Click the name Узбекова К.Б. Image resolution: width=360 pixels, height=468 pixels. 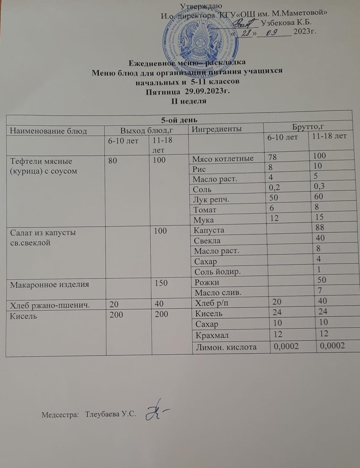click(286, 23)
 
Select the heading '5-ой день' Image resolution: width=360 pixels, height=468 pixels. click(179, 120)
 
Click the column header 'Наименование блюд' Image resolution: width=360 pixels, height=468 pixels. click(48, 131)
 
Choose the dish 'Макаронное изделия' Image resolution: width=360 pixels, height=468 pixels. click(50, 285)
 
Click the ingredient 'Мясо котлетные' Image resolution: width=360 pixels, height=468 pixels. click(223, 158)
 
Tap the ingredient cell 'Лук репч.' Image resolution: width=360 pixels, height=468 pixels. click(211, 200)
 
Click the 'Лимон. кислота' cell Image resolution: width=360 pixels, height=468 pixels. click(226, 347)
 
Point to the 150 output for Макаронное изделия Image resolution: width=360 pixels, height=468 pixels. click(161, 283)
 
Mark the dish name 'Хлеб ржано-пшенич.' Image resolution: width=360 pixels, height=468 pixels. click(50, 305)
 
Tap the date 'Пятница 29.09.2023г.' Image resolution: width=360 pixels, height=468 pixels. click(188, 92)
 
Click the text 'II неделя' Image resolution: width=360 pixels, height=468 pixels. click(189, 101)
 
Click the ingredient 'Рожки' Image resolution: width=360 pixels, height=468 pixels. click(207, 282)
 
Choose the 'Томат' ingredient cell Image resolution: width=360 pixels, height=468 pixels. click(205, 210)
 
